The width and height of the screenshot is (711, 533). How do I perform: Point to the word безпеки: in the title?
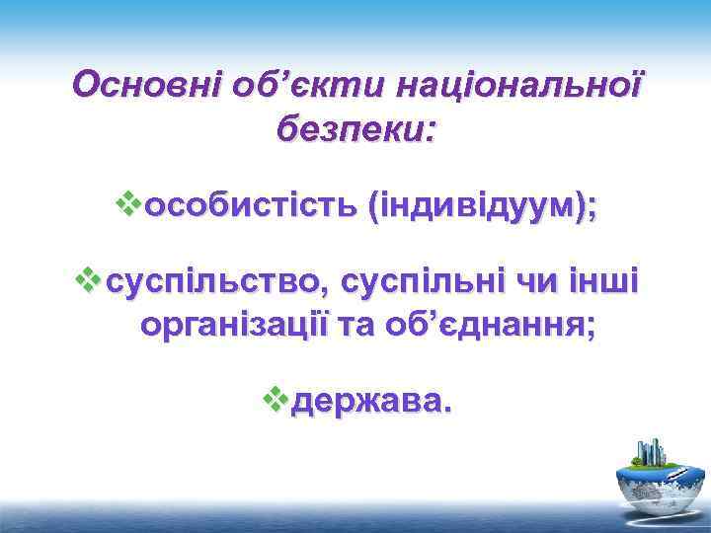[x=355, y=128]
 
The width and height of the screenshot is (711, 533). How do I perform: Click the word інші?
[x=607, y=284]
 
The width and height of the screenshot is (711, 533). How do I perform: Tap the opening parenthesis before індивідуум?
[x=370, y=208]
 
